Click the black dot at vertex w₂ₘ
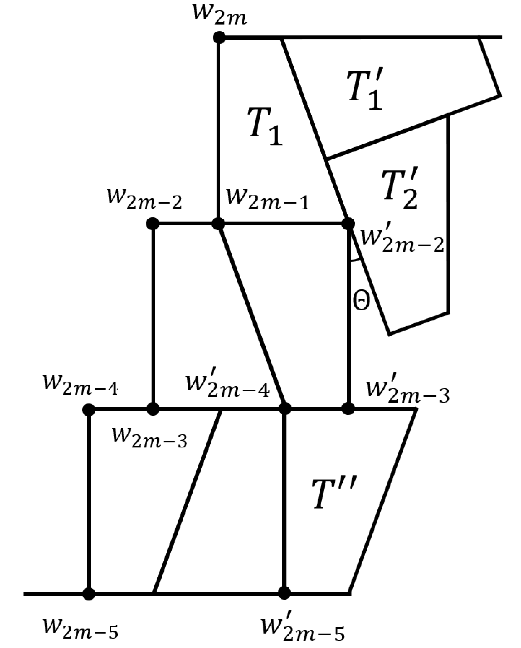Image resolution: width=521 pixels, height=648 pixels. point(219,37)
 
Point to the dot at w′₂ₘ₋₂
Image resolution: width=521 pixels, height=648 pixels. point(348,224)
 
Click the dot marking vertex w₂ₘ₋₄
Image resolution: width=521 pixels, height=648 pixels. point(89,409)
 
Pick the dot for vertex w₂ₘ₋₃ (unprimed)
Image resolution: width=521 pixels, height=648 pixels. point(153,409)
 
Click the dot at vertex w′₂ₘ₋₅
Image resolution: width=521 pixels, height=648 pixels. point(284,593)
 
